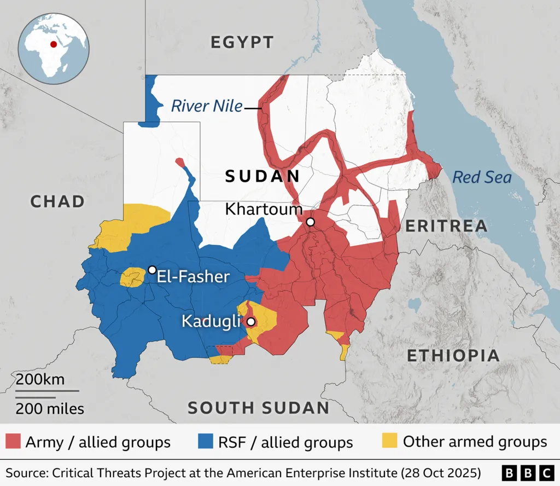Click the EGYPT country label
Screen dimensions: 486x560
(x=242, y=42)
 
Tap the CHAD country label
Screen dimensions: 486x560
(x=57, y=201)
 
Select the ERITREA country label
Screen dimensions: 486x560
(x=446, y=225)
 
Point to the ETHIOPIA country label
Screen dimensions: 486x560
(x=453, y=355)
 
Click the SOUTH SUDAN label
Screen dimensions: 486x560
(x=259, y=408)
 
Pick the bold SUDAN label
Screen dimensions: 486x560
(x=263, y=176)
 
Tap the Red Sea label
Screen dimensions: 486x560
(x=482, y=177)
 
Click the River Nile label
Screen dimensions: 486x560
(x=207, y=106)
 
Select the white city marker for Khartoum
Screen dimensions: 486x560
(x=310, y=222)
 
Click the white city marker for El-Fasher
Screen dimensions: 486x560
(x=152, y=270)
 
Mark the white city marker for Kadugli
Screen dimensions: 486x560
(x=250, y=322)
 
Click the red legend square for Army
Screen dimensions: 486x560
(x=13, y=442)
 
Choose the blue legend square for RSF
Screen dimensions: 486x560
(x=204, y=442)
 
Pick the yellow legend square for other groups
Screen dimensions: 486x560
(x=389, y=442)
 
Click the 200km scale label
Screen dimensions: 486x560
(x=40, y=379)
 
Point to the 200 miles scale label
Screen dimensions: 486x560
(x=50, y=408)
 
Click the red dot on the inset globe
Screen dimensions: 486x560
(x=53, y=44)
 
